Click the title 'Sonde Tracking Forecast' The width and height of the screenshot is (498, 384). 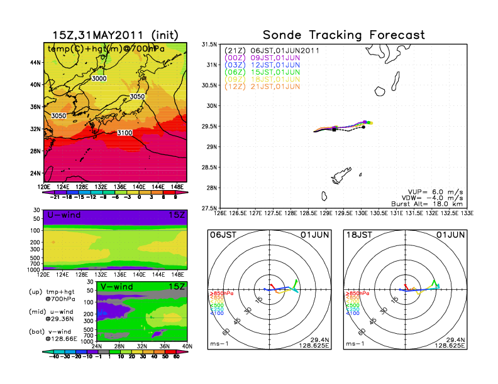[x=343, y=35]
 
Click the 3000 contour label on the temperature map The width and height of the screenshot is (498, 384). [x=99, y=78]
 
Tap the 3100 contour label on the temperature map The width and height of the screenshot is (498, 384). [x=125, y=133]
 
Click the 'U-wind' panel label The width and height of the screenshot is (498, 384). [x=60, y=215]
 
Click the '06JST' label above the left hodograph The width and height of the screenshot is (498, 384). [x=223, y=234]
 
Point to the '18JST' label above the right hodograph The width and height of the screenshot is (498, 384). [x=359, y=234]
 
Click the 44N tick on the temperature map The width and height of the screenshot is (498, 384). [x=36, y=63]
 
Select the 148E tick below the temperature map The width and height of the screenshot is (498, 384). [x=179, y=186]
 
